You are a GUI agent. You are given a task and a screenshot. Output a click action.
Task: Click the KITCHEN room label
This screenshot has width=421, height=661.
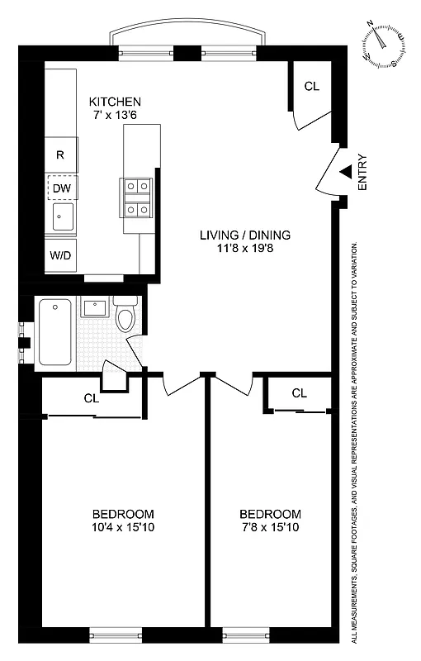pyautogui.click(x=121, y=102)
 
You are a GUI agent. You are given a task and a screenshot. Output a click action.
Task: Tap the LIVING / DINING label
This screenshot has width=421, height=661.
pyautogui.click(x=244, y=235)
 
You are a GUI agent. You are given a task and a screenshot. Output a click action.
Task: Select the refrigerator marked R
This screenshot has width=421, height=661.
pyautogui.click(x=60, y=155)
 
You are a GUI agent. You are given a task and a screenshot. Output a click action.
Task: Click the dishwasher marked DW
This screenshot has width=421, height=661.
pyautogui.click(x=61, y=188)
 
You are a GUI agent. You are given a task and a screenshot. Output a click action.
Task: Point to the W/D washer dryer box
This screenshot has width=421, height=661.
pyautogui.click(x=60, y=255)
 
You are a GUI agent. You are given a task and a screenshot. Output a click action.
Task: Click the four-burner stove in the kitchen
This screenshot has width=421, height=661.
pyautogui.click(x=137, y=198)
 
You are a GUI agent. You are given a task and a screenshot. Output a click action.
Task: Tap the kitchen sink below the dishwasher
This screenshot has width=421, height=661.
pyautogui.click(x=61, y=219)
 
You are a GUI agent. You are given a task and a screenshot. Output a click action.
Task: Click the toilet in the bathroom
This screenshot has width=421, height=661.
pyautogui.click(x=125, y=316)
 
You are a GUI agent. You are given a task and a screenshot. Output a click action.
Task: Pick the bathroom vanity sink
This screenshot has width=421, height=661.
pyautogui.click(x=93, y=308)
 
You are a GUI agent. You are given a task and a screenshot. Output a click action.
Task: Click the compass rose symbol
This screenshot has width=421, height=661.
pyautogui.click(x=383, y=44)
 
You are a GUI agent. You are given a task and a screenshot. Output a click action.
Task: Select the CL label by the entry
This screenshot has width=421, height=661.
pyautogui.click(x=311, y=86)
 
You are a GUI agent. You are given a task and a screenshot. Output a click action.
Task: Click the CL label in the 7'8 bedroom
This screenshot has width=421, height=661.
pyautogui.click(x=299, y=392)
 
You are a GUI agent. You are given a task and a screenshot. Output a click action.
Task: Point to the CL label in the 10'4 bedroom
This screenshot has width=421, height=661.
pyautogui.click(x=92, y=398)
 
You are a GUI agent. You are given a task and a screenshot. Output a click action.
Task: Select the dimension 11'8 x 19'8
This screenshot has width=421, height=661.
pyautogui.click(x=244, y=249)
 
